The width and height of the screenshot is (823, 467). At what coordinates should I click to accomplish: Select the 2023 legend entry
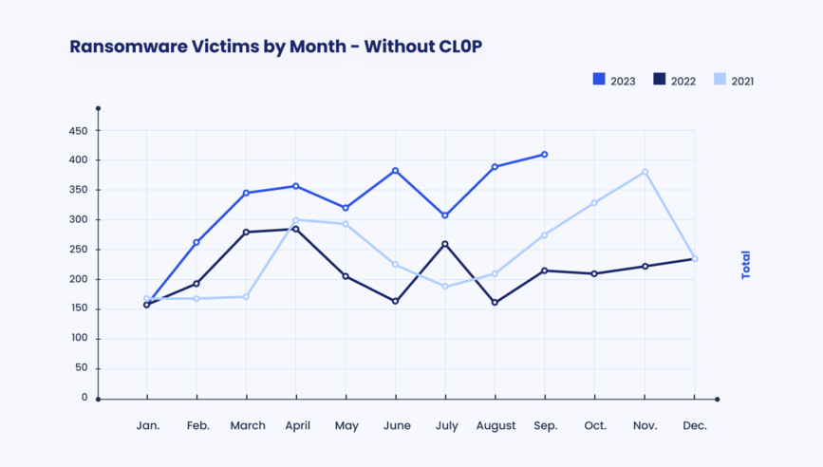[614, 81]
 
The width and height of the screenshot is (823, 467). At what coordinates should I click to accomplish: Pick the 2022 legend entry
[674, 81]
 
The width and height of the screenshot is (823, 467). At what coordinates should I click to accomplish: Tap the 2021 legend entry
[733, 81]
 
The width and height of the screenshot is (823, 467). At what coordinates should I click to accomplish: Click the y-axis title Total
[745, 264]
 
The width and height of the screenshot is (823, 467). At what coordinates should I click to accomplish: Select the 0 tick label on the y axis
[84, 398]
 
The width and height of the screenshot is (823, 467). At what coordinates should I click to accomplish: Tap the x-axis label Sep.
[545, 426]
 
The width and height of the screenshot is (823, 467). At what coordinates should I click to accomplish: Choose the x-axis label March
[247, 426]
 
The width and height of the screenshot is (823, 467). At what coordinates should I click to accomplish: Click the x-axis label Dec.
[695, 426]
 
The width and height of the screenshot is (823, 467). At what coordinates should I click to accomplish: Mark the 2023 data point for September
[545, 154]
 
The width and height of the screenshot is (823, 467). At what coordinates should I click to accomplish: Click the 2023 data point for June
[396, 171]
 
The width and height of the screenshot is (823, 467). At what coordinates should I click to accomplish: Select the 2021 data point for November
[645, 172]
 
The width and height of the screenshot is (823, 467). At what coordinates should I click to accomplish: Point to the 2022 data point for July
[445, 244]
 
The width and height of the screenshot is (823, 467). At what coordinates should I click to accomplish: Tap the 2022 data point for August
[495, 303]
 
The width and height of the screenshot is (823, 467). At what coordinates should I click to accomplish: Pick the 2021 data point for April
[295, 220]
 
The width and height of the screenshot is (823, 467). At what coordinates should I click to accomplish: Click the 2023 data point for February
[196, 242]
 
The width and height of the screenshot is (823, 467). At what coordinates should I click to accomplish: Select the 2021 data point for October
[595, 202]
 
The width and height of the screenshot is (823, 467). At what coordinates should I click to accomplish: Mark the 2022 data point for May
[346, 276]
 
